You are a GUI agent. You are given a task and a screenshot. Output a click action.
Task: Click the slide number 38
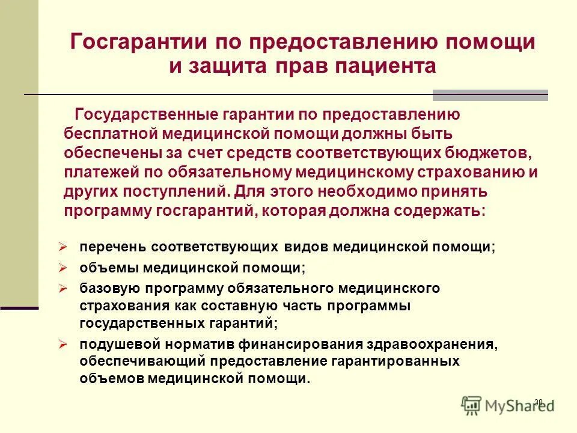pos(538,402)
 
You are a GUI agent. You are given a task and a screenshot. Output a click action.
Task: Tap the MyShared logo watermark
pos(511,405)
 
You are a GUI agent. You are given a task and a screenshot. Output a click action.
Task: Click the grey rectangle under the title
pos(490,95)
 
